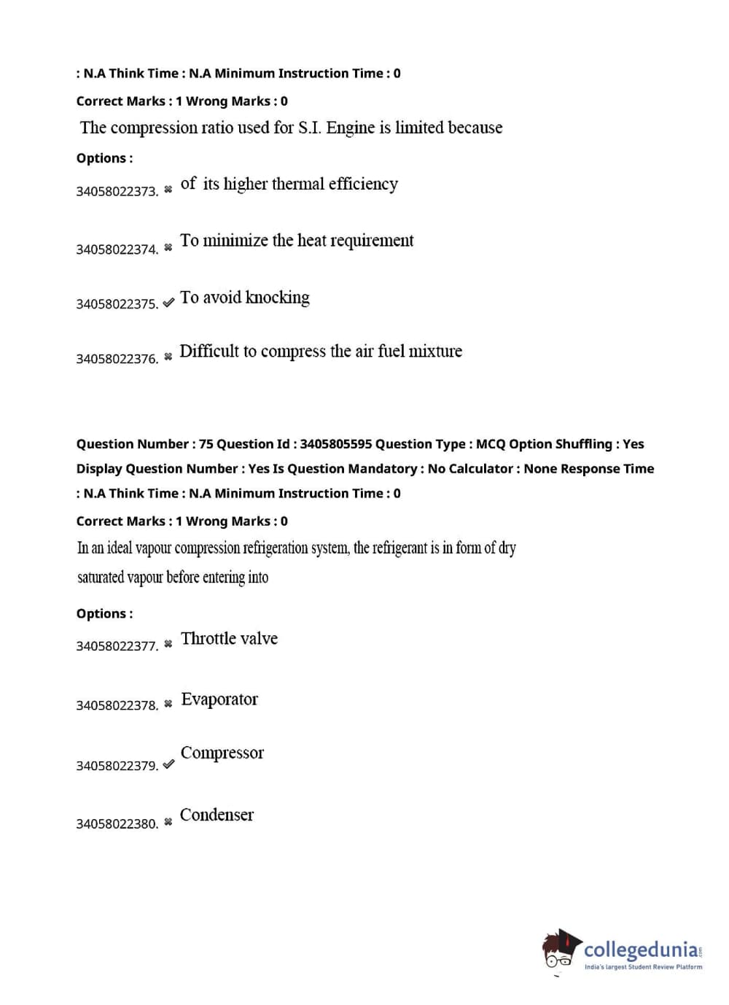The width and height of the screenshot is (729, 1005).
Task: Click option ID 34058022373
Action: [x=117, y=192]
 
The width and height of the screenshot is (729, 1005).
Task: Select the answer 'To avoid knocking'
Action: [x=244, y=298]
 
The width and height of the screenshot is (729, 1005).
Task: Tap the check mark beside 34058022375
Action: [x=168, y=303]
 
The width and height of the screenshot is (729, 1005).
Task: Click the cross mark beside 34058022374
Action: [x=168, y=248]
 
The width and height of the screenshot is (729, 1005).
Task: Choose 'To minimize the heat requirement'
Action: [x=296, y=241]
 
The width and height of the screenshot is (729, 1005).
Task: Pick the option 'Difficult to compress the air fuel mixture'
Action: [x=320, y=352]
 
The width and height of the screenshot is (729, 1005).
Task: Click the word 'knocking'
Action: [x=278, y=298]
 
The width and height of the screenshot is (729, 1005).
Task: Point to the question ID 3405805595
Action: [x=335, y=444]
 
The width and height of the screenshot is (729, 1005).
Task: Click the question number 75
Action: [x=206, y=444]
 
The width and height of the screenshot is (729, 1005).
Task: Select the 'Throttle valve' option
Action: [x=229, y=639]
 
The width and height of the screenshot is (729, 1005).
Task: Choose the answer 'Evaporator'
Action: [x=219, y=699]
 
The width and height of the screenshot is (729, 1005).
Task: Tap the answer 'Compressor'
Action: [x=222, y=753]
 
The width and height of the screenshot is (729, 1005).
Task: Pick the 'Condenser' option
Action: [x=217, y=815]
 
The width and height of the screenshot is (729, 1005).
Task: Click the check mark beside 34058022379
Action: [x=168, y=764]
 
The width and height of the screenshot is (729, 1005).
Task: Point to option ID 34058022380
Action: [x=117, y=824]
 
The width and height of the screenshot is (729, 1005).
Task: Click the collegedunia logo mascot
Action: [x=560, y=950]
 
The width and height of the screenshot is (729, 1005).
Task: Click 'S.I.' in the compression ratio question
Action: [x=310, y=128]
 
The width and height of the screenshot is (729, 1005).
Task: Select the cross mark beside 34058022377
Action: [x=168, y=644]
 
